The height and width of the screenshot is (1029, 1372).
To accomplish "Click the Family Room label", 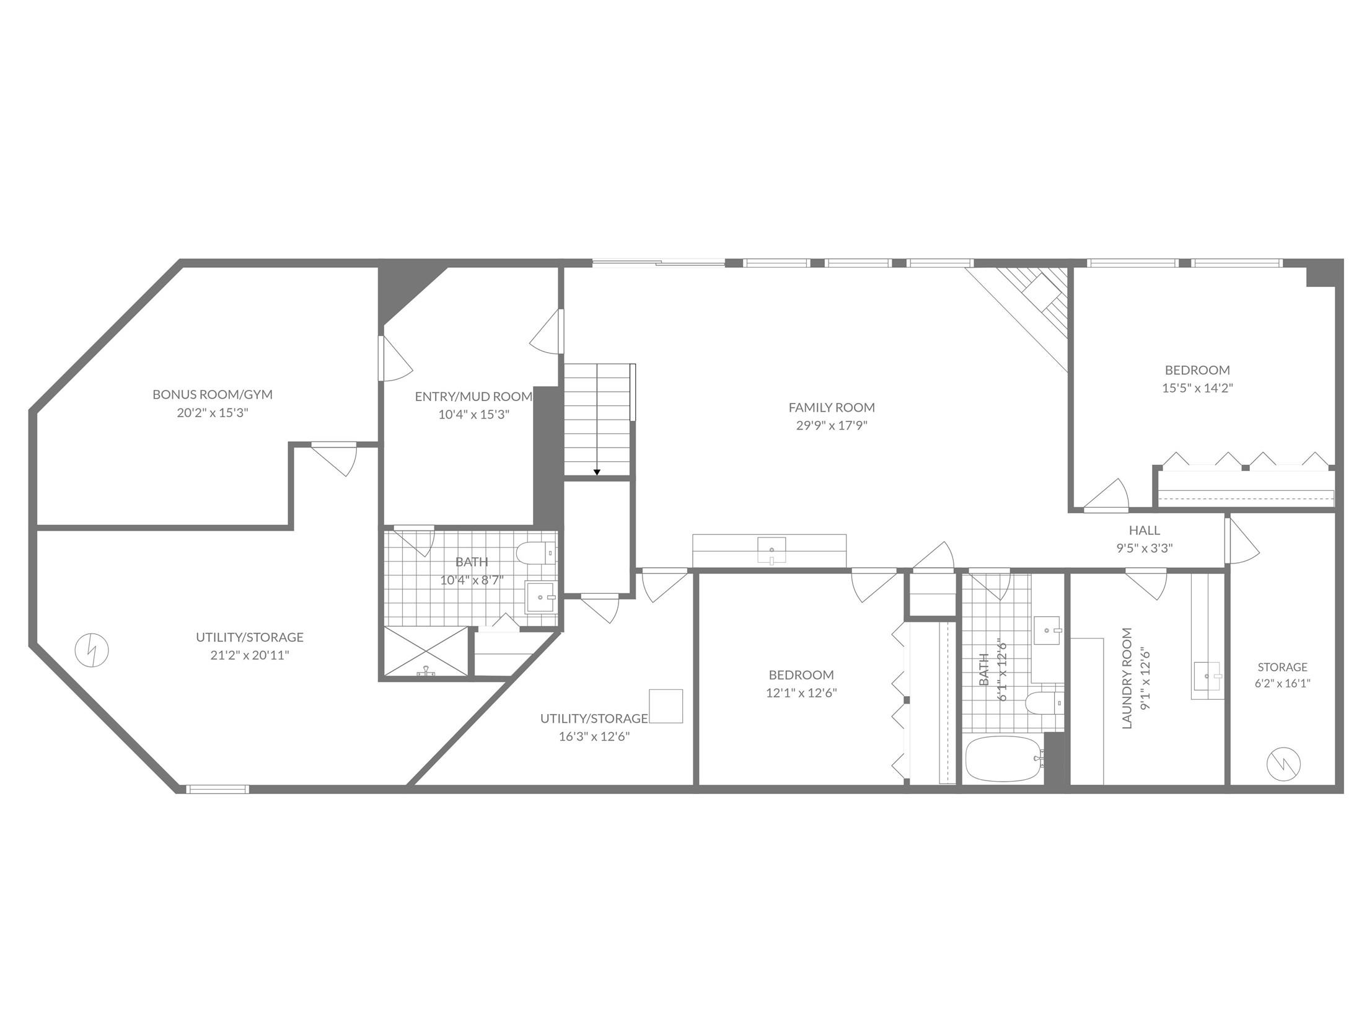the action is pyautogui.click(x=831, y=407).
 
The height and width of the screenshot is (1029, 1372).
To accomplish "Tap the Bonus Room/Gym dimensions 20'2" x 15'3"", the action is pyautogui.click(x=213, y=412).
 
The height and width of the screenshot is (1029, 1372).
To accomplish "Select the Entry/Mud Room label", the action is pyautogui.click(x=473, y=396).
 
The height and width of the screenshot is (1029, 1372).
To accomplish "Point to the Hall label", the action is pyautogui.click(x=1145, y=531).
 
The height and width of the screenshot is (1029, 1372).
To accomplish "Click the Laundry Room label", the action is pyautogui.click(x=1127, y=678).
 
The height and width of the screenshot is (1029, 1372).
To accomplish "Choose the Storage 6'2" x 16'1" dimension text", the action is pyautogui.click(x=1283, y=683).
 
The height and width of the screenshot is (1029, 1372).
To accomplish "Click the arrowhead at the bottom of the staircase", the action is pyautogui.click(x=597, y=472).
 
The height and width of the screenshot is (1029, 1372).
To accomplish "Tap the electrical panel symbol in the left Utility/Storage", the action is pyautogui.click(x=92, y=651).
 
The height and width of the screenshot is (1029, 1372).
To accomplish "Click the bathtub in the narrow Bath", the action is pyautogui.click(x=1003, y=760).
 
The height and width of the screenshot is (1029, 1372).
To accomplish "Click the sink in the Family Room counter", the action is pyautogui.click(x=772, y=551).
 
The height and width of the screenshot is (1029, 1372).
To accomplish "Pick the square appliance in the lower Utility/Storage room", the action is pyautogui.click(x=666, y=706).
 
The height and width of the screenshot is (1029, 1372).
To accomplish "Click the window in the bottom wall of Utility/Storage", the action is pyautogui.click(x=218, y=789).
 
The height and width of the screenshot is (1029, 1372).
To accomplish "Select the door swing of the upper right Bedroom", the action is pyautogui.click(x=1107, y=495).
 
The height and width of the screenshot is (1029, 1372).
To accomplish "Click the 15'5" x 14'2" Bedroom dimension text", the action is pyautogui.click(x=1197, y=388).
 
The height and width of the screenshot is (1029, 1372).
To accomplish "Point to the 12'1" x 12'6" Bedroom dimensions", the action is pyautogui.click(x=801, y=693).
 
